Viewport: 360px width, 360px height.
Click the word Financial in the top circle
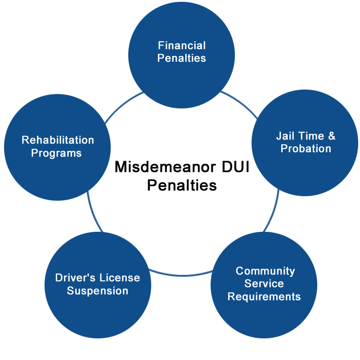click(182, 45)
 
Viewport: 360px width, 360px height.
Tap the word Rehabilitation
click(58, 140)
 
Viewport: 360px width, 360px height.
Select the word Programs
click(56, 153)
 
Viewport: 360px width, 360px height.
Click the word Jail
click(285, 136)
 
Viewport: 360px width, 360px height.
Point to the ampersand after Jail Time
click(332, 136)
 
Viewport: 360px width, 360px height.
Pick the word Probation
click(306, 148)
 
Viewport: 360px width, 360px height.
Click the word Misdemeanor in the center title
click(165, 166)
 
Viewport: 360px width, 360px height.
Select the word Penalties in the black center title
click(182, 185)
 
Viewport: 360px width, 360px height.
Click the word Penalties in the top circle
click(182, 58)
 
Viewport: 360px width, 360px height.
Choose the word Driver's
click(75, 278)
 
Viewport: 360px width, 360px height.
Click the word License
click(120, 278)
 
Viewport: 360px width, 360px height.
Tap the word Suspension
click(98, 291)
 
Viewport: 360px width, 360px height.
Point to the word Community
click(265, 271)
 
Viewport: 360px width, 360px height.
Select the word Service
click(264, 283)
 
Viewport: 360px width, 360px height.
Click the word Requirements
click(264, 297)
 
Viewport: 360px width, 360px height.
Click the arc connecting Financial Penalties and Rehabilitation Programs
click(122, 105)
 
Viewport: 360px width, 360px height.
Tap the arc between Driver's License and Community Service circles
click(181, 275)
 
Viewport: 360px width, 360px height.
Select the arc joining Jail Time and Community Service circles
click(274, 211)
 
